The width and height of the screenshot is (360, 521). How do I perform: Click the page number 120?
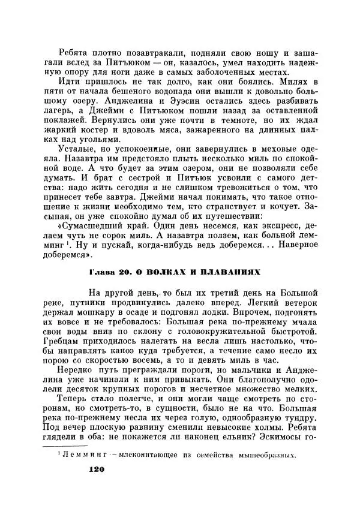97,470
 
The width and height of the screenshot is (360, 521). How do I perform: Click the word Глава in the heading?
101,272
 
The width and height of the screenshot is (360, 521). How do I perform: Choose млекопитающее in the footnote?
151,456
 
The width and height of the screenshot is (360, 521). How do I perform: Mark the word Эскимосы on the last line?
284,437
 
